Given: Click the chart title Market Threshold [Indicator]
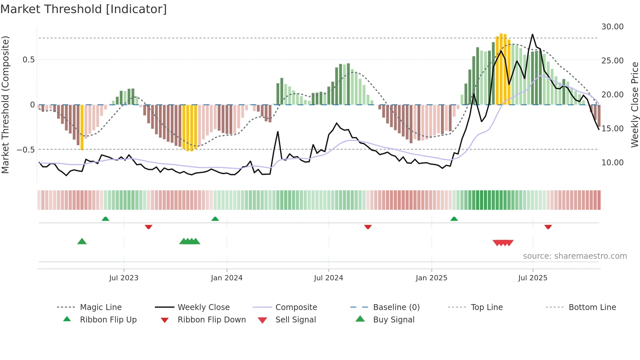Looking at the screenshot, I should point(84,9).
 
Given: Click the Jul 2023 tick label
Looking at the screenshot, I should point(124,278).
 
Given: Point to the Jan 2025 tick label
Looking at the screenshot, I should point(431,278).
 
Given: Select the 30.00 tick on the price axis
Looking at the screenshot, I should point(612,27).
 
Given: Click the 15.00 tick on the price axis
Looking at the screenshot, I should point(612,128).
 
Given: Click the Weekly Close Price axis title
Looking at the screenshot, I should point(634,105).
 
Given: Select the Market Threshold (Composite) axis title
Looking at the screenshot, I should point(5,105).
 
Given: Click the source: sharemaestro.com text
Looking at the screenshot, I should point(575,256).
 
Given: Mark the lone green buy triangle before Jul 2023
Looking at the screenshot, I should point(82,241).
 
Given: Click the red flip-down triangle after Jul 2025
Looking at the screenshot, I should point(548,227).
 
